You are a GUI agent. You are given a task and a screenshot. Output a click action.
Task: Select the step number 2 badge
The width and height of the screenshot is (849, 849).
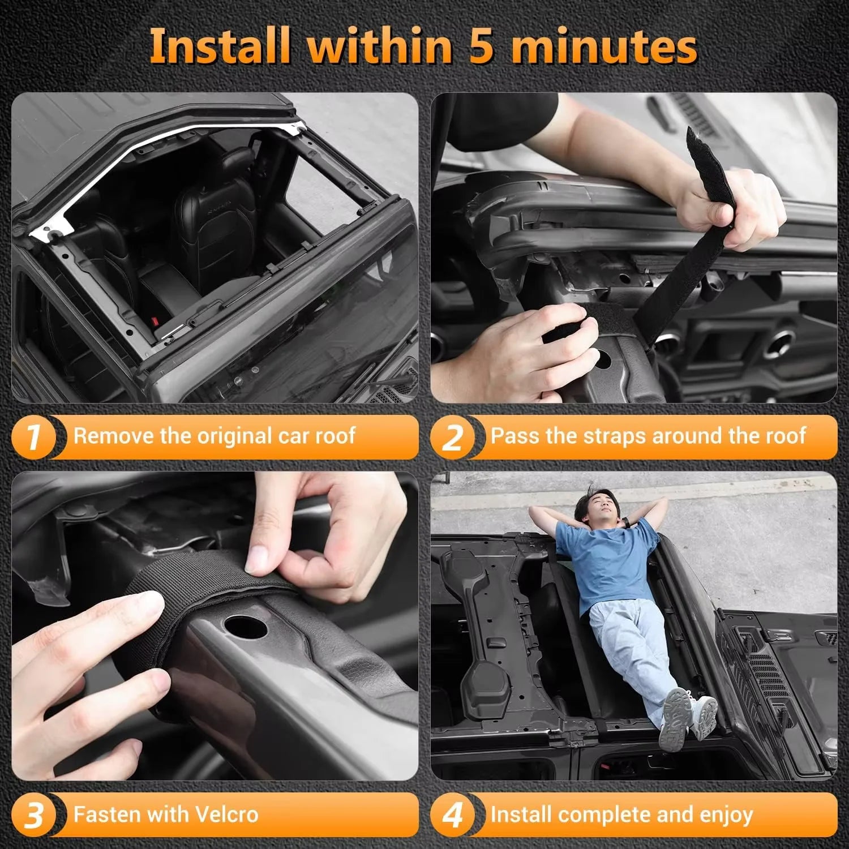point(452,437)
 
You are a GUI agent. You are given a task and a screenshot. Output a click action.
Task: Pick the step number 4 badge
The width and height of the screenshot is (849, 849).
point(452,816)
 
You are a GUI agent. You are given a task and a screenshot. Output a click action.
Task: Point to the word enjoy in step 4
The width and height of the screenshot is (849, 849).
point(726,815)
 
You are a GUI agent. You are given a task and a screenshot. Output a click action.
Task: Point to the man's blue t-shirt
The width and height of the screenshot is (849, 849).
point(600,560)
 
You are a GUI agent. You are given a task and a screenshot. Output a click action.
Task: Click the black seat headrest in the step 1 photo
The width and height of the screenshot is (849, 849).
point(235,164)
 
